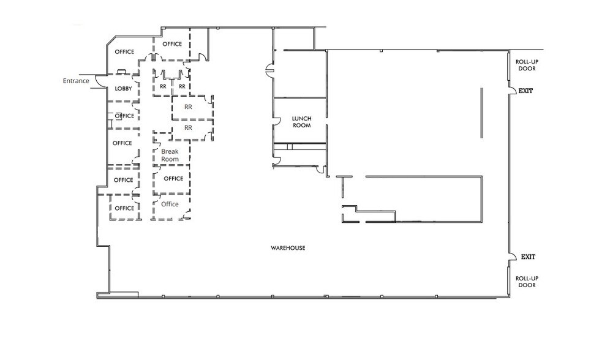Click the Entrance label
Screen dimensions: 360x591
pos(76,81)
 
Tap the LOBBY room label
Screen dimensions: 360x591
pos(124,89)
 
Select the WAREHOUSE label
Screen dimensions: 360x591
pos(288,248)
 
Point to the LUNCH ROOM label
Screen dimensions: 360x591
pos(301,121)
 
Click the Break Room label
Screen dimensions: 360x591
pos(170,155)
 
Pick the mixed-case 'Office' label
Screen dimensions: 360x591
pos(170,204)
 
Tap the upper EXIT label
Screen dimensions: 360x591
pos(526,91)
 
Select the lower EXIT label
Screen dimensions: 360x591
pos(528,257)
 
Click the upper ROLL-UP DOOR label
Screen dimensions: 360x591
pos(527,65)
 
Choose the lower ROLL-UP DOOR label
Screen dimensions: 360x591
pos(527,282)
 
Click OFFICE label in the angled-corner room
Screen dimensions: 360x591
pos(124,52)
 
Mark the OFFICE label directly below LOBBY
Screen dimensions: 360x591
pos(124,116)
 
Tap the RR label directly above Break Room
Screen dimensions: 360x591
pos(188,128)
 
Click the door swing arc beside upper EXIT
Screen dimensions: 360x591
pos(513,92)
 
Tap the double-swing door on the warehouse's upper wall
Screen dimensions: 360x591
pos(268,71)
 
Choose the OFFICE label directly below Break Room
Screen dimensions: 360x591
pos(173,179)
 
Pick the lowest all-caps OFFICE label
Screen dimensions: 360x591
pos(124,208)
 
